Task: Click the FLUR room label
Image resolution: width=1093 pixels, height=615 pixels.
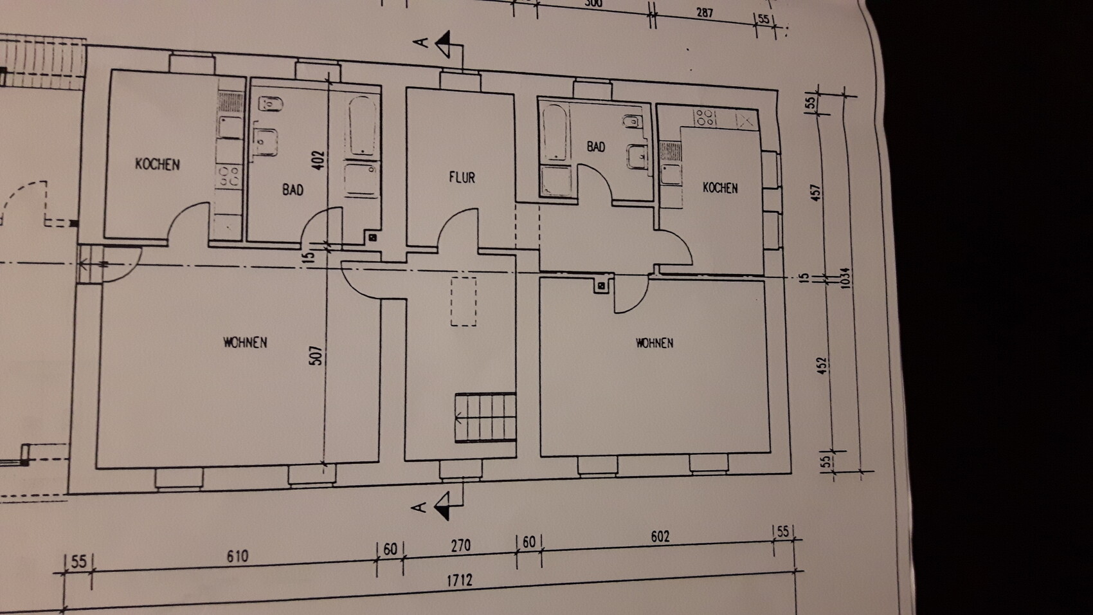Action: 462,177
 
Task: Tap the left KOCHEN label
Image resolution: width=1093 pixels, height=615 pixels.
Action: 158,164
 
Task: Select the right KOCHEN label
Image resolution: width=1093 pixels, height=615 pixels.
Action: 720,188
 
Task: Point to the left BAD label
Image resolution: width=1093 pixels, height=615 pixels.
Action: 293,190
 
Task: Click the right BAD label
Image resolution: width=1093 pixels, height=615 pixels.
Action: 596,147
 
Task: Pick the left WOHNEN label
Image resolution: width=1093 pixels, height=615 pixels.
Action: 245,342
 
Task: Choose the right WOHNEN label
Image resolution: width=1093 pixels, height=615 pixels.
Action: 655,343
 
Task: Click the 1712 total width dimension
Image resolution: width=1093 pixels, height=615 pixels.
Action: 460,580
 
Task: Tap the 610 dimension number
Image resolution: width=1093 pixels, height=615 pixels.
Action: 237,556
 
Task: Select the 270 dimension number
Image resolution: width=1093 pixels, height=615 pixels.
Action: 460,546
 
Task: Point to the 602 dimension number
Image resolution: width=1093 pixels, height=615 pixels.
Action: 660,537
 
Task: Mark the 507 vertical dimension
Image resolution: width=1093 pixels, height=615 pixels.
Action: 316,356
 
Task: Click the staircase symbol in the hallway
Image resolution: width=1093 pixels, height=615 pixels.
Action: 486,418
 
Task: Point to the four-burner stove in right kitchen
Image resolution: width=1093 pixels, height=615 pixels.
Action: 705,117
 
